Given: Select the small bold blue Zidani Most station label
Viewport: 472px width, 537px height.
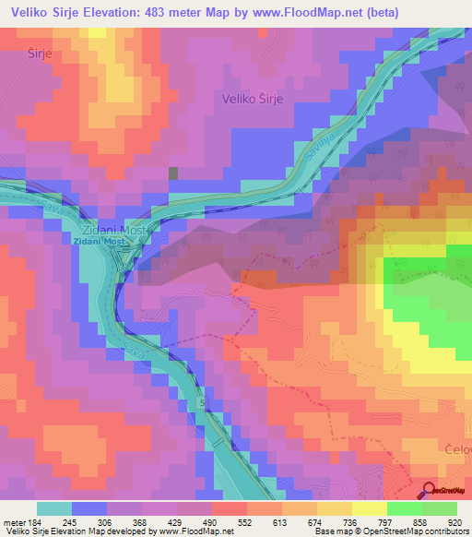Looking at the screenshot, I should (x=103, y=241).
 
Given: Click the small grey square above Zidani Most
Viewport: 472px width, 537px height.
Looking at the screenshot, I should (x=172, y=172).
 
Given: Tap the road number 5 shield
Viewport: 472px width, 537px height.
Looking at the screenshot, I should (x=202, y=404).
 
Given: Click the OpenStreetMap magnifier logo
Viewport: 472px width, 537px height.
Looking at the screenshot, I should (x=431, y=492).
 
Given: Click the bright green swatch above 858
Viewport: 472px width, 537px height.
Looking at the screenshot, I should (x=405, y=508).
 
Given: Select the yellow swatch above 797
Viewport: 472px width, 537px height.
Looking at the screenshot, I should (x=370, y=508).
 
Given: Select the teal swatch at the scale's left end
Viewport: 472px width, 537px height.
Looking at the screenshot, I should (x=54, y=508).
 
